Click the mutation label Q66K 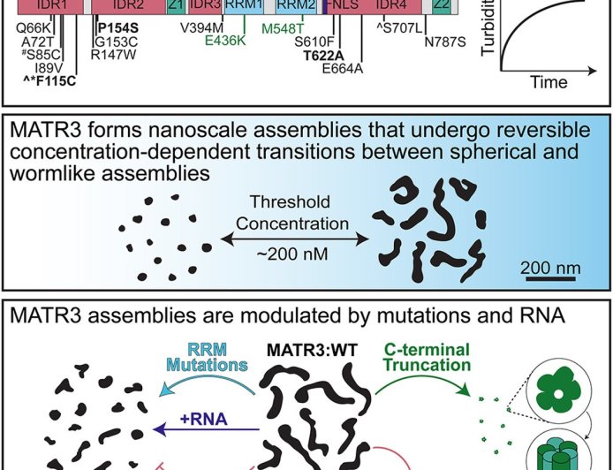(36, 28)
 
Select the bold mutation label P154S (116, 28)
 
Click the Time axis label (549, 83)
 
